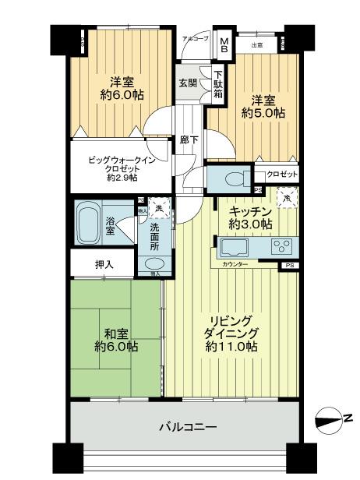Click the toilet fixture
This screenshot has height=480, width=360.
coord(233,178)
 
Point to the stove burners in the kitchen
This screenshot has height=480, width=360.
coord(281,248)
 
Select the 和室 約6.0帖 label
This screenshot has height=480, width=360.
coord(115,338)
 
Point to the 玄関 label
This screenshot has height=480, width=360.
coord(187,83)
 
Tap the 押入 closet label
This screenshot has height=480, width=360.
coord(104,265)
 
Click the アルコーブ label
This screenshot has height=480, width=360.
coord(196,38)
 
